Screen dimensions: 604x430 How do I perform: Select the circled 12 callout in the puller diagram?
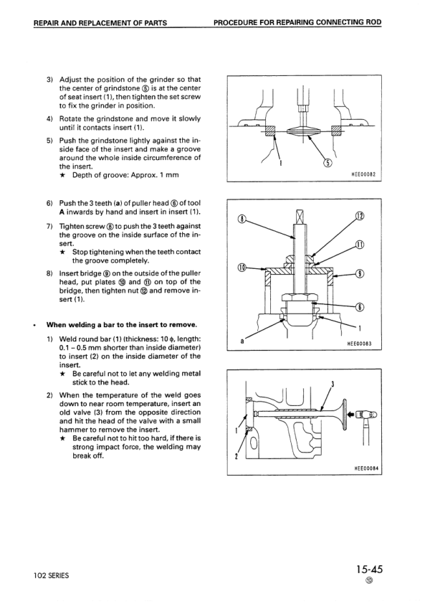[360, 217]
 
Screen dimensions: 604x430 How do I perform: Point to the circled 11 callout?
[360, 245]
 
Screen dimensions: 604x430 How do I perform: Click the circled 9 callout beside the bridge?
[360, 273]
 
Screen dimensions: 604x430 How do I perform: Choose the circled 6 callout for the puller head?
[360, 308]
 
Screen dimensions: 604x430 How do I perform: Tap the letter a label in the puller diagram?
[243, 341]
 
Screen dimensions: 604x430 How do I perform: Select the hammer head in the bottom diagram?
[366, 415]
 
